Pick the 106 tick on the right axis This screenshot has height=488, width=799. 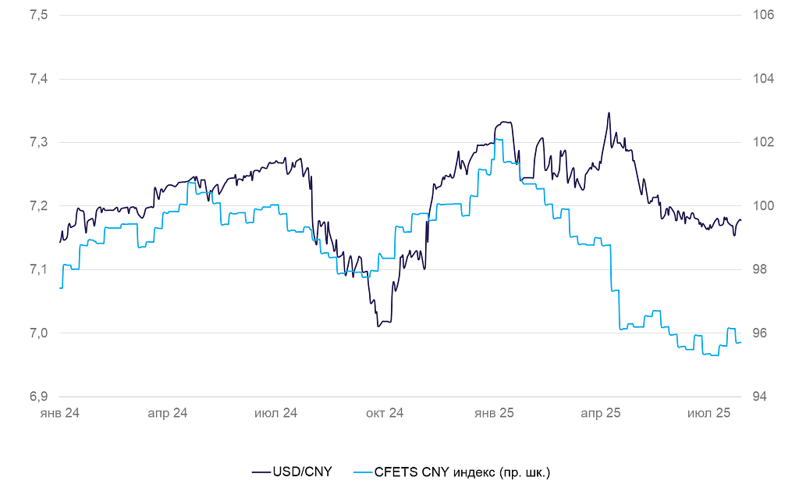[762, 16]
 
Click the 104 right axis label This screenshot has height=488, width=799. [762, 79]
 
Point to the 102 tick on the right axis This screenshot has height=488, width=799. [762, 143]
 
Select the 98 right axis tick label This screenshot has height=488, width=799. [759, 269]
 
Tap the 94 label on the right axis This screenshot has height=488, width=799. [759, 397]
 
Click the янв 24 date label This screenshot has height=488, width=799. [60, 413]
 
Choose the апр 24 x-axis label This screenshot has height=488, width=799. [168, 413]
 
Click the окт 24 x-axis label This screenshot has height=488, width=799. [385, 413]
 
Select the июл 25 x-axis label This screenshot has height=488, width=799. [708, 413]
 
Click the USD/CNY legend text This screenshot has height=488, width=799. [302, 472]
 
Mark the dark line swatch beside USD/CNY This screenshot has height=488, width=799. [261, 472]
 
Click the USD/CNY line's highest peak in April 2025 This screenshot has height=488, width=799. [609, 113]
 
